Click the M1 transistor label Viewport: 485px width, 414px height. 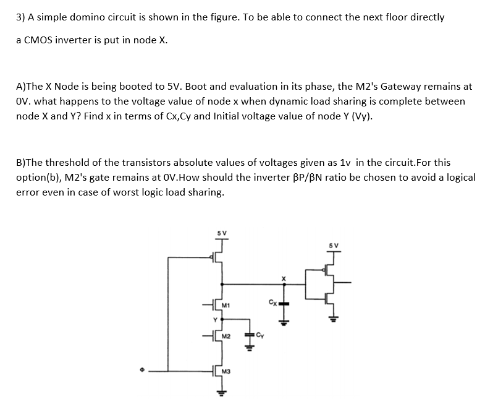click(226, 304)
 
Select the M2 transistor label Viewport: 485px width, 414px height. click(226, 336)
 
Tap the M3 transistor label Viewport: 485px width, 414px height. click(226, 372)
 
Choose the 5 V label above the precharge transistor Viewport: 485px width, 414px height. click(221, 233)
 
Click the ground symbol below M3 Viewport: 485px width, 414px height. click(219, 392)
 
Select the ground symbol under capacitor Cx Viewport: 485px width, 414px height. click(283, 321)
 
